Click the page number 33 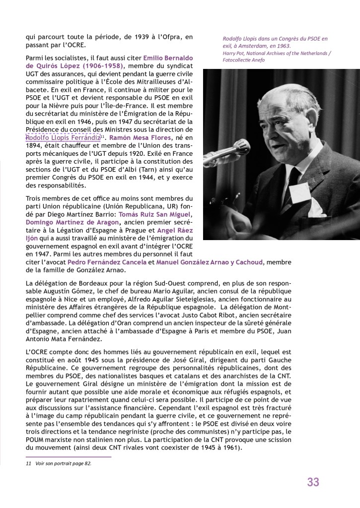(313, 481)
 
